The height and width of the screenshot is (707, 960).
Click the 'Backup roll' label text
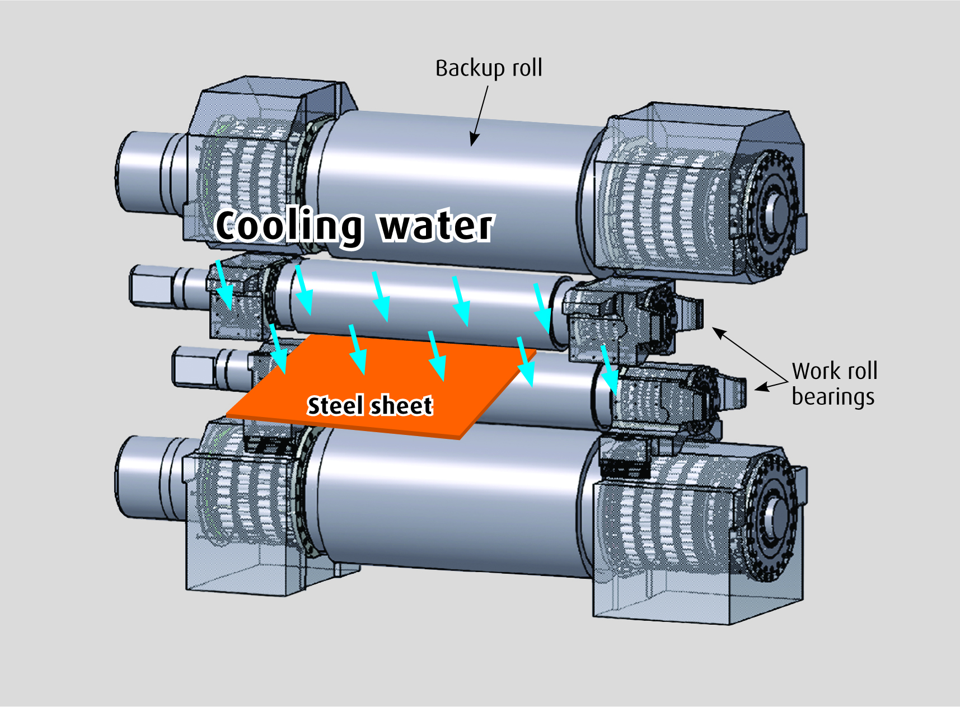pyautogui.click(x=488, y=68)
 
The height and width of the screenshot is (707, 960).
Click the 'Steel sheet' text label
pyautogui.click(x=370, y=405)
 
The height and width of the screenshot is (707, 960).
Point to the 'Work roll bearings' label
pyautogui.click(x=833, y=383)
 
